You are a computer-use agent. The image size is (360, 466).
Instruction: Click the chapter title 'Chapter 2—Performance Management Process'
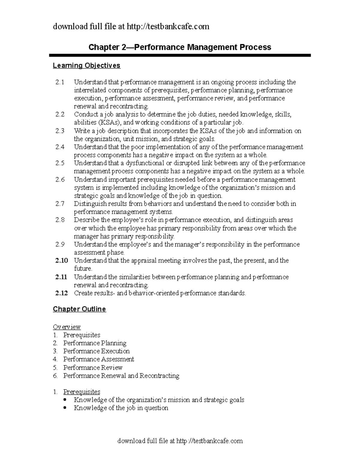180,47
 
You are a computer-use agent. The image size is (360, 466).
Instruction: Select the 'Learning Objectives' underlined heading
86,65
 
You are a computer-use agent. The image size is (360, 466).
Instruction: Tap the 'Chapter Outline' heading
79,309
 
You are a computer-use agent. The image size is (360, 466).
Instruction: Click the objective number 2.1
60,82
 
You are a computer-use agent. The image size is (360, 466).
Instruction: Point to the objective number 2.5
60,163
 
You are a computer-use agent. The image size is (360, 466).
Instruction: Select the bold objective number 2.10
61,260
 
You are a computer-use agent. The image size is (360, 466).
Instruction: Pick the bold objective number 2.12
61,293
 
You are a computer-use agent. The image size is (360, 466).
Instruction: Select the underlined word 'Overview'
67,327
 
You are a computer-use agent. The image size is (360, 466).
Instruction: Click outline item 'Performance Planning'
94,343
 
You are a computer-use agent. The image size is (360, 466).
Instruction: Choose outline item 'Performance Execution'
96,351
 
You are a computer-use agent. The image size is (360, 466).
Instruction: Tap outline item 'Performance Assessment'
98,359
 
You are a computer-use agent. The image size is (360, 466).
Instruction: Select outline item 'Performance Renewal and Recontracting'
121,376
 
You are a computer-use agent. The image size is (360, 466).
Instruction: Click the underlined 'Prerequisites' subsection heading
82,392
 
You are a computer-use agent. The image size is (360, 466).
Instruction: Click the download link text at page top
131,27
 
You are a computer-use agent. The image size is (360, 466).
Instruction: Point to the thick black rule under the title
180,55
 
